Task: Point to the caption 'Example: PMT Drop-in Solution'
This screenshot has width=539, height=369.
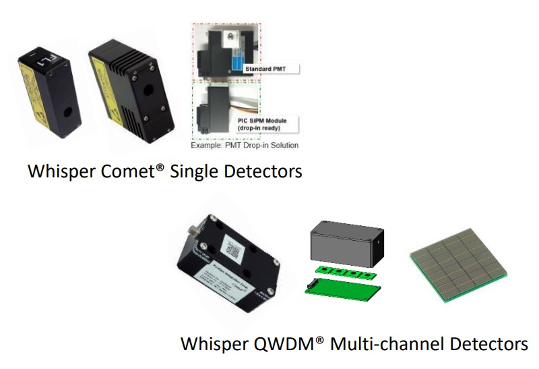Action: [x=243, y=145]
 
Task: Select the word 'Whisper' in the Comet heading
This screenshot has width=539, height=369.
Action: [x=61, y=171]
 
